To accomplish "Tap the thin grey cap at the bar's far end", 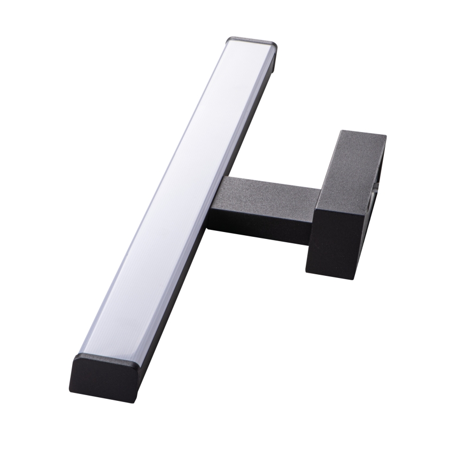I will pyautogui.click(x=252, y=41).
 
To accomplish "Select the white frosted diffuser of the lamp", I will pyautogui.click(x=176, y=198).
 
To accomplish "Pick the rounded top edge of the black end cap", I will pyautogui.click(x=107, y=357).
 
